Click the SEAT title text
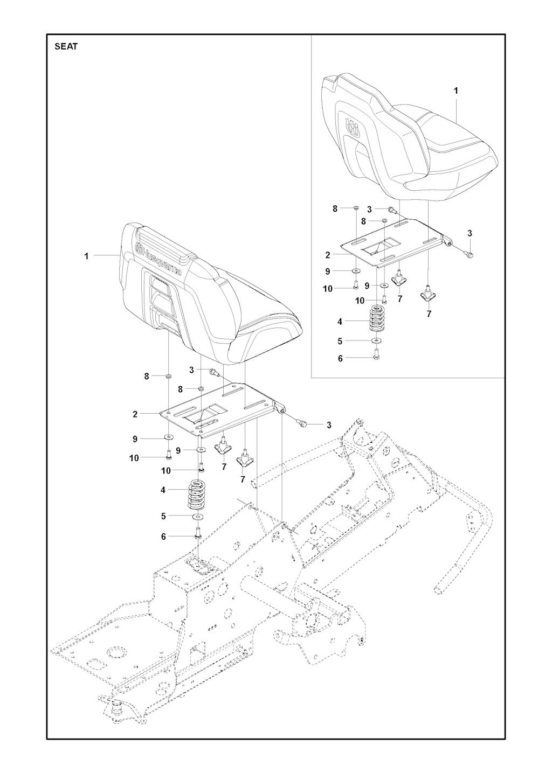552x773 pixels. click(x=66, y=46)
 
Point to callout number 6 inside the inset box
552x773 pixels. click(x=340, y=359)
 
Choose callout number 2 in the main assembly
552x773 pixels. click(x=135, y=414)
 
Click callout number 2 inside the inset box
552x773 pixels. click(x=327, y=255)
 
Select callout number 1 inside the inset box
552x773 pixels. click(x=456, y=90)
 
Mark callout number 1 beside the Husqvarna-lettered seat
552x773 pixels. click(x=86, y=256)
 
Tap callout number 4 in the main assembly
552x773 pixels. click(x=163, y=490)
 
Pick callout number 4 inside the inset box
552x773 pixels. click(x=340, y=322)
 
